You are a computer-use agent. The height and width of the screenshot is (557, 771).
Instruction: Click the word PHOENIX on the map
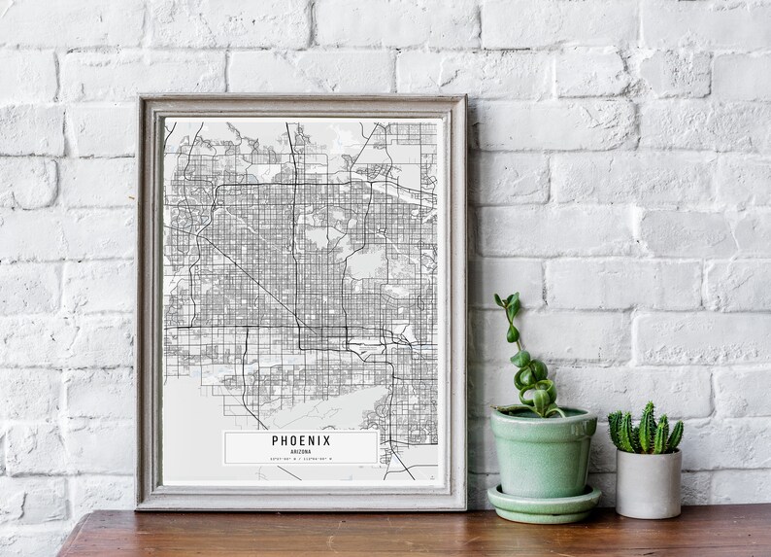point(301,440)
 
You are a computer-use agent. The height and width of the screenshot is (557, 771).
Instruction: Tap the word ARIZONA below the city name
point(301,451)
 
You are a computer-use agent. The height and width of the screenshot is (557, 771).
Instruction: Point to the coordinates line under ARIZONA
point(301,458)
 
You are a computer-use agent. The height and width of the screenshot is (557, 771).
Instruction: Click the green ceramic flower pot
point(543,452)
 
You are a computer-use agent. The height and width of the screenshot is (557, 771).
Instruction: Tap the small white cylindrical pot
point(648,483)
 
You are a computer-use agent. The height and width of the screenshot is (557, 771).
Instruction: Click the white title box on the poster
point(301,447)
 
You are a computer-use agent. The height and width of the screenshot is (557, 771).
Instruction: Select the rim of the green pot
point(543,417)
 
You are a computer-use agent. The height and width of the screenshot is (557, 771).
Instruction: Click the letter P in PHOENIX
point(276,440)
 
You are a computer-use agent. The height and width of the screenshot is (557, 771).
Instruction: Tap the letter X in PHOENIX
point(326,440)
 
